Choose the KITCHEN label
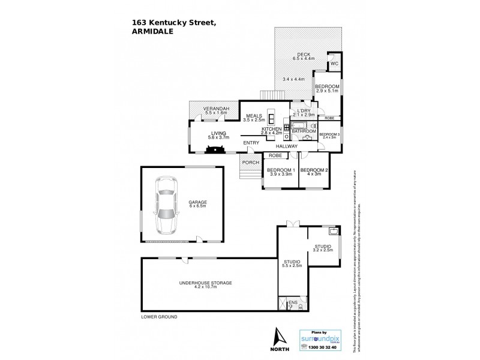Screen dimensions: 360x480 pos(272,129)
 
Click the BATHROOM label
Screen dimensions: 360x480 pos(304,130)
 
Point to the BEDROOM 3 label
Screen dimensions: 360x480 pos(329,134)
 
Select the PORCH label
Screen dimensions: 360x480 pos(250,163)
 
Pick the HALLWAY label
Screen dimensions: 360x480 pos(287,146)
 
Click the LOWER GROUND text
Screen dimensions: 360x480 pos(158,316)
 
